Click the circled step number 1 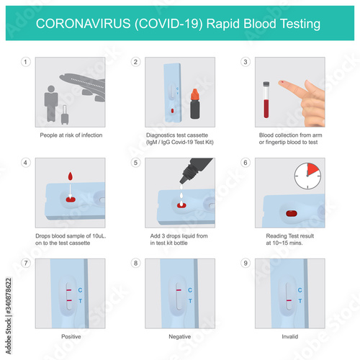tap(26, 62)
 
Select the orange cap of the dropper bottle tap(194, 94)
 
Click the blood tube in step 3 tap(266, 99)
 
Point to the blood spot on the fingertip tap(282, 83)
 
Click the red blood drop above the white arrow tap(71, 176)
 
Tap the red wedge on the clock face tap(313, 169)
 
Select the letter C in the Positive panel tap(80, 290)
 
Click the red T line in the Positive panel tap(69, 300)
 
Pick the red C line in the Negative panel tap(179, 290)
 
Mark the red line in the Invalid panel tap(289, 300)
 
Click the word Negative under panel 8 tap(180, 336)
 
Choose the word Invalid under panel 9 tap(290, 336)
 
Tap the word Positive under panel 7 tap(71, 336)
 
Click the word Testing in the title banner tap(300, 24)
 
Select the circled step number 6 tap(246, 163)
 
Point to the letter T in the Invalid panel tap(300, 301)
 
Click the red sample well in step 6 tap(292, 213)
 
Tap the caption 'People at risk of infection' tap(71, 135)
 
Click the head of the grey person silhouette tap(51, 89)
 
